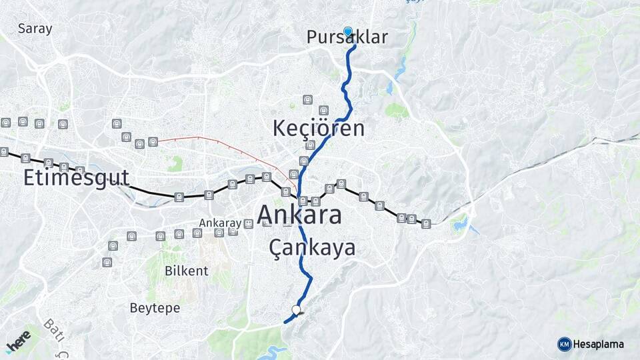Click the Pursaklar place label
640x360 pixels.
click(x=347, y=38)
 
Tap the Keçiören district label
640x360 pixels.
click(x=319, y=128)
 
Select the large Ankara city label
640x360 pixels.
click(x=299, y=215)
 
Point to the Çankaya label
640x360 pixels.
click(x=312, y=248)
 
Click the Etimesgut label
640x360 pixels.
click(x=76, y=178)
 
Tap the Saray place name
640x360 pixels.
click(x=35, y=29)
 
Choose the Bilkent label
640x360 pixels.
click(x=186, y=271)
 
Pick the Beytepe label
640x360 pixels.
click(x=154, y=308)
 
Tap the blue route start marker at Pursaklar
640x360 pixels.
click(x=347, y=31)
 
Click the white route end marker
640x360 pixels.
click(x=296, y=309)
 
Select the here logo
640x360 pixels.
click(x=18, y=342)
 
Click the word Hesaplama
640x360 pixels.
click(x=599, y=344)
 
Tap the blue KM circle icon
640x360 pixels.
click(x=564, y=344)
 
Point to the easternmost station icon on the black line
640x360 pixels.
click(x=426, y=223)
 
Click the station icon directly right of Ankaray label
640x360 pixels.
click(x=248, y=223)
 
